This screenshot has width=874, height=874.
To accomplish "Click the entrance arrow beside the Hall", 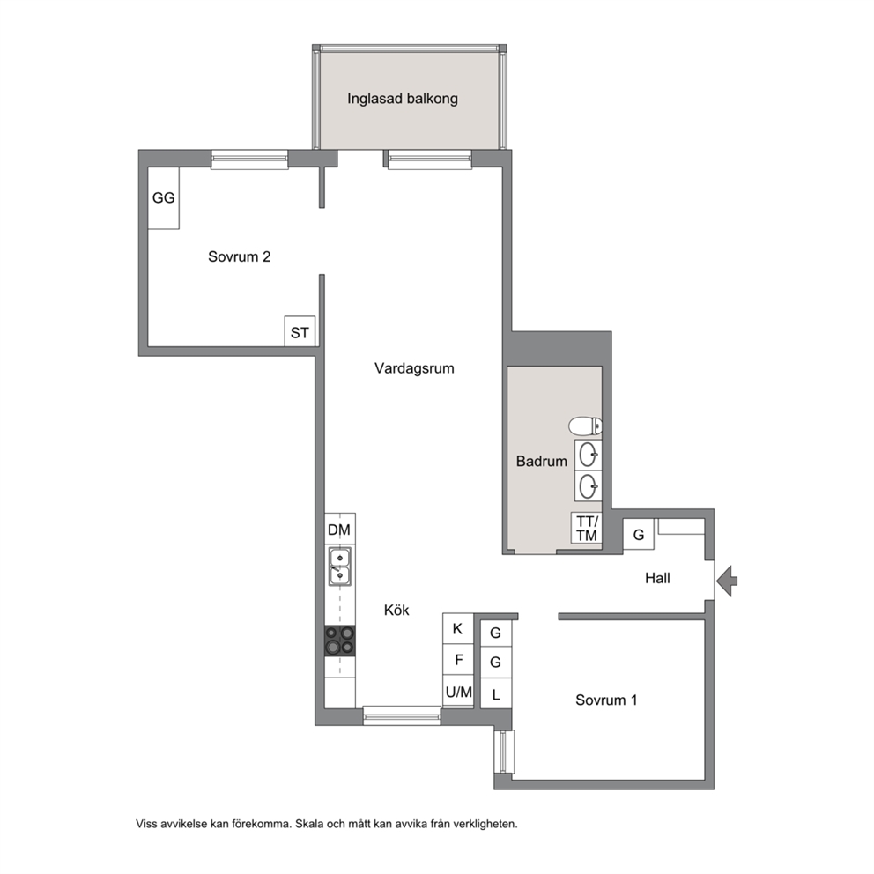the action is [x=726, y=581].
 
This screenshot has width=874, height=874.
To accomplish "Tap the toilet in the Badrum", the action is [x=585, y=426].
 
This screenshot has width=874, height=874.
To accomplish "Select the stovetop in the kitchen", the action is [x=340, y=640].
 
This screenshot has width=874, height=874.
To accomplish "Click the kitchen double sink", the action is [x=339, y=567].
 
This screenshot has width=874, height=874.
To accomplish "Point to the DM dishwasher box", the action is [x=340, y=529].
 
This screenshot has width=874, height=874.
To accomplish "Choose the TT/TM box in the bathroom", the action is [x=587, y=528].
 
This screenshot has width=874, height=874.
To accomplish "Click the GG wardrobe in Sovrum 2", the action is [x=163, y=198].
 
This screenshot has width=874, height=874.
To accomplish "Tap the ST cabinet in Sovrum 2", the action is [x=300, y=331].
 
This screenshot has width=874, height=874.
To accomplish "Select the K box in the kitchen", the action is [x=458, y=629].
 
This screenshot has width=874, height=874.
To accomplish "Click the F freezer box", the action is [x=458, y=660].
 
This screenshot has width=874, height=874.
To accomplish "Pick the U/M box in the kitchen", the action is [x=458, y=691].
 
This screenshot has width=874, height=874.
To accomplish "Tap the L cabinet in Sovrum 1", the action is [x=495, y=694].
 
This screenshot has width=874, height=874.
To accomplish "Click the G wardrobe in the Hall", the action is [x=639, y=535].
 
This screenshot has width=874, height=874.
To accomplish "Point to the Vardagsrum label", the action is [x=414, y=368].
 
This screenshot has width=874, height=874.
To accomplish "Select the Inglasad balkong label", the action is [x=403, y=99].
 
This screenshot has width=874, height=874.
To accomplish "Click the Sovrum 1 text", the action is [x=606, y=700].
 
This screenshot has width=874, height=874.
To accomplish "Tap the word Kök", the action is [x=396, y=610].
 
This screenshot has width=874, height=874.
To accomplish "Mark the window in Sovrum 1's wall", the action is [x=504, y=752].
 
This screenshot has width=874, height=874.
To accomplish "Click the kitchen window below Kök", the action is [x=402, y=715].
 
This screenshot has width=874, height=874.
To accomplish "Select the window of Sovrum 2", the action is [x=249, y=159].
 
